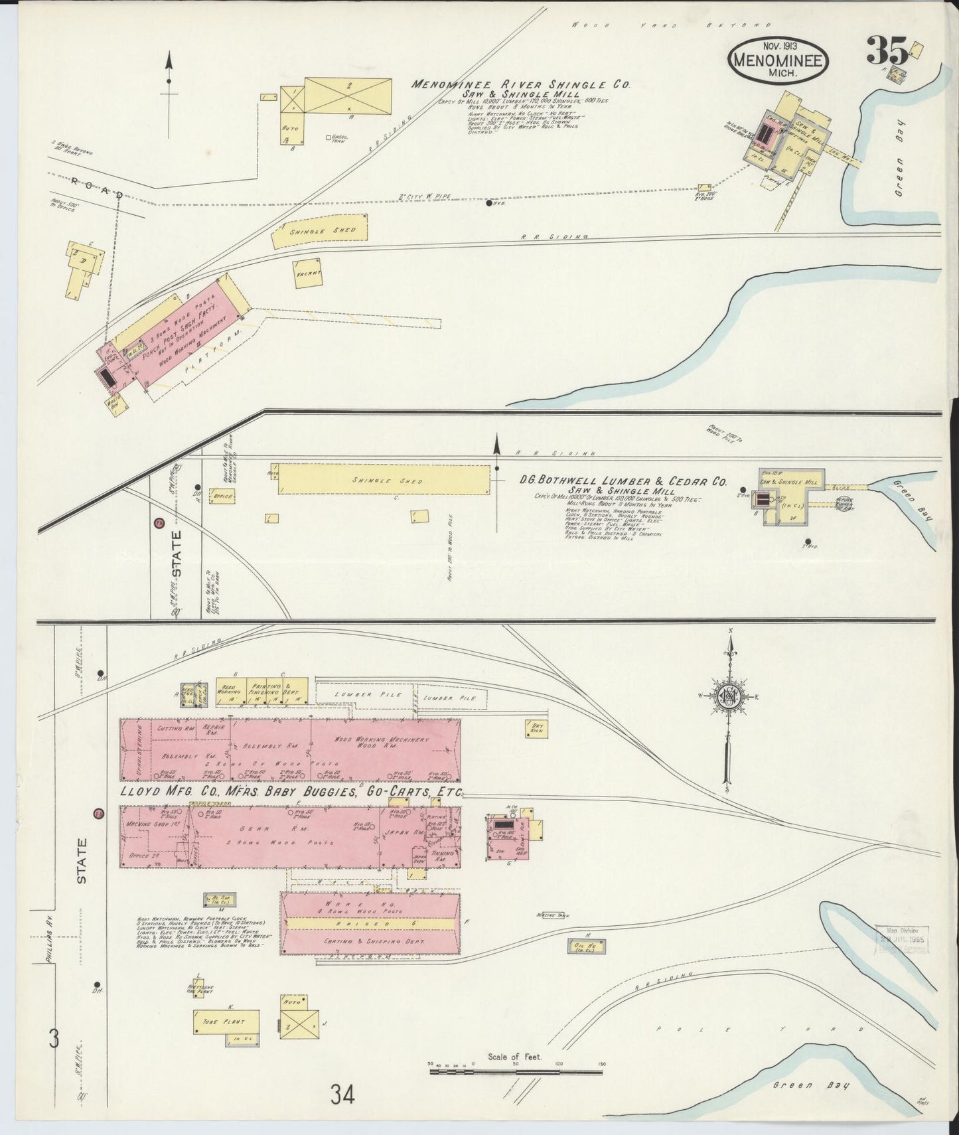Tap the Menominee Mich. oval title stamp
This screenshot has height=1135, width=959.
(x=778, y=60)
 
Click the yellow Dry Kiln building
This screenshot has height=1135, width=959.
(x=536, y=728)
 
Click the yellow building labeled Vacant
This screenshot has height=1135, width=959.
(x=307, y=273)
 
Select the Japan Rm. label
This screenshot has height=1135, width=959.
(x=411, y=832)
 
